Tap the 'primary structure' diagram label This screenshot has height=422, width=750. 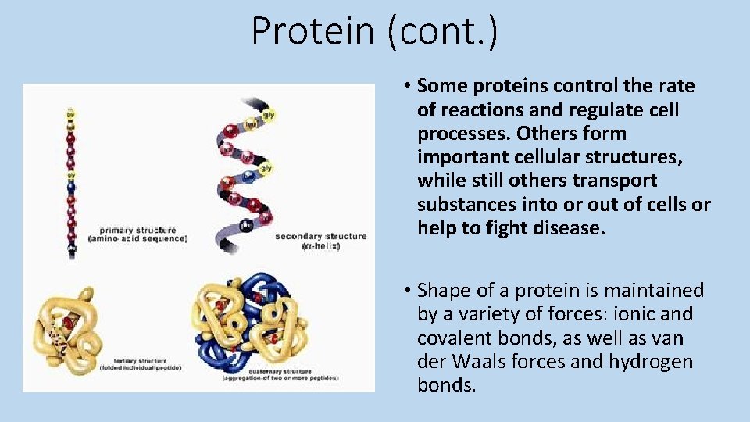coord(137,231)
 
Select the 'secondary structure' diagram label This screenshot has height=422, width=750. coord(321,236)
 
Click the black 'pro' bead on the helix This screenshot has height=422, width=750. coord(247,224)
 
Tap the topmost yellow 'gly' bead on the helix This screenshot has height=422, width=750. coord(268,115)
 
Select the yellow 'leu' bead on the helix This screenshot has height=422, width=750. coord(251,123)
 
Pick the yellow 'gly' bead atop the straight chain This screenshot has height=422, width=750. coord(71,114)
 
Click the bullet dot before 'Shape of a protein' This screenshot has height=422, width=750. coord(408,291)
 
